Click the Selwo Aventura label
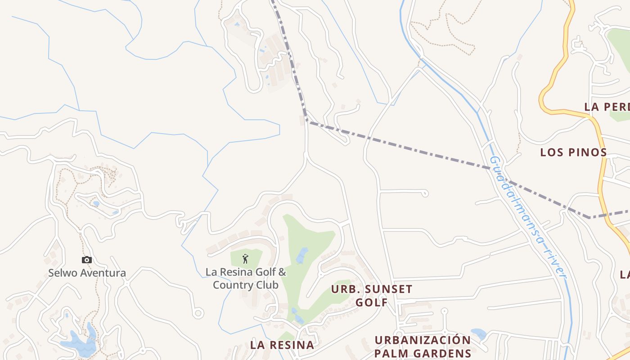[87, 273]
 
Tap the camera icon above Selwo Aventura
[87, 260]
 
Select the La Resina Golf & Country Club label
[246, 279]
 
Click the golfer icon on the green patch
[245, 259]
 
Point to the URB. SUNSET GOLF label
[372, 295]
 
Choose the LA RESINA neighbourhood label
[282, 345]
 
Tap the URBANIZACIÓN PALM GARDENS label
[422, 346]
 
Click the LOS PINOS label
[573, 152]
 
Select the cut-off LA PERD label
[607, 107]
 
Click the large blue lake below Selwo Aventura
[81, 344]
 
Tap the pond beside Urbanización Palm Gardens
[479, 334]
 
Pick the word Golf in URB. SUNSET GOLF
[372, 302]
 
